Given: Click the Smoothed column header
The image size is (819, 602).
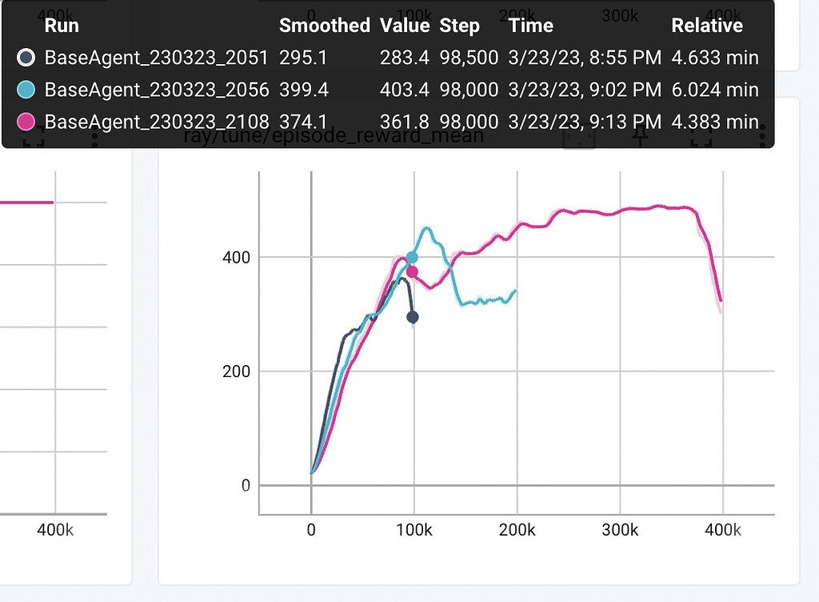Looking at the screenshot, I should (324, 26).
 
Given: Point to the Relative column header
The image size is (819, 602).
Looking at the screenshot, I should (707, 26).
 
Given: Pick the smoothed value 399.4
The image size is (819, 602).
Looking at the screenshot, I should (304, 90).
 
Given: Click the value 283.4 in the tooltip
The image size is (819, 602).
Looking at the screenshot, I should (404, 58).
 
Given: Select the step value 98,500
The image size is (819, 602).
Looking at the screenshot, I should (469, 58).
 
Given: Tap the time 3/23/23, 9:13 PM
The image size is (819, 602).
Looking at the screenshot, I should (585, 122).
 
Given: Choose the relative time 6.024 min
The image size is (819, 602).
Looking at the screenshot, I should (714, 90).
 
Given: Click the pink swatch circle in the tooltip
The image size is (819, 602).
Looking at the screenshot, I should (26, 122).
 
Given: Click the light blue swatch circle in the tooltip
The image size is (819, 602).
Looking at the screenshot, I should (26, 90).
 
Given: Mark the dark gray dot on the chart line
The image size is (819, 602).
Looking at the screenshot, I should (413, 317).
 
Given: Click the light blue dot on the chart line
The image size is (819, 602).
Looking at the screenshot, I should (413, 258).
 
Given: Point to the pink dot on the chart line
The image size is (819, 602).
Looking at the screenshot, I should (412, 272).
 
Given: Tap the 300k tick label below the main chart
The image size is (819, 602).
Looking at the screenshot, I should (620, 530).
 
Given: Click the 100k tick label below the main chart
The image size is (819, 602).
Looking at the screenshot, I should (414, 530).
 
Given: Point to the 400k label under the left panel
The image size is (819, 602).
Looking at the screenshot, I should (55, 530).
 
